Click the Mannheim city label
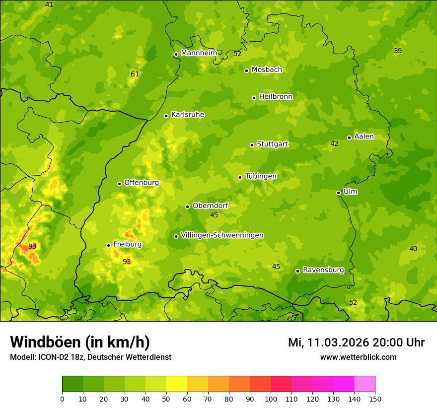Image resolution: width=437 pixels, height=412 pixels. coord(199,53)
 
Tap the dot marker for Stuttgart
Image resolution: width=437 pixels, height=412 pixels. coord(252,145)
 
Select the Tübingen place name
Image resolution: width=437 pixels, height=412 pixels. coord(261,176)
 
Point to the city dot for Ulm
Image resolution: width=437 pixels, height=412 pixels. coord(338,193)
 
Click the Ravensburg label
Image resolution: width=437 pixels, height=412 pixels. coord(323,270)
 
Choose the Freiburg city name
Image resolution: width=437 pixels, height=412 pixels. coord(128,244)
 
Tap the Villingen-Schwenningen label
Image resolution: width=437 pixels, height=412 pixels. coord(222,235)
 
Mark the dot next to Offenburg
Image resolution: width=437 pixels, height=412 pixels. coord(119,184)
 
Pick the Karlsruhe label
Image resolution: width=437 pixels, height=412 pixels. coord(188,115)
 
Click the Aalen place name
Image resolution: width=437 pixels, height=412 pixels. coord(364,137)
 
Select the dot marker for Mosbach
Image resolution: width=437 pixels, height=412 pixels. coord(246,70)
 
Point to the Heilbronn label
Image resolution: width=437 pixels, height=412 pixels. coord(276,97)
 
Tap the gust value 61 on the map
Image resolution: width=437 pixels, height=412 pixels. coord(135,74)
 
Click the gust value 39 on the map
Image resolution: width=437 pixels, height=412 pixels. coord(398,51)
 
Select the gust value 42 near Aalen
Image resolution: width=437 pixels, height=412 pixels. coord(334,144)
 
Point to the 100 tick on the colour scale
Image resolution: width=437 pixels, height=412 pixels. coord(271,399)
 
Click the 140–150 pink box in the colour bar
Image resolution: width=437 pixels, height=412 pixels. coord(364,384)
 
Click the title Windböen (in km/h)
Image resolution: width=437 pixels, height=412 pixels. coord(80,342)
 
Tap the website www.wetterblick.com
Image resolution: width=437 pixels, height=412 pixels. coord(358,357)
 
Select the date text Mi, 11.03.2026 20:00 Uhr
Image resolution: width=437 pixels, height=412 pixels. coord(356,343)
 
